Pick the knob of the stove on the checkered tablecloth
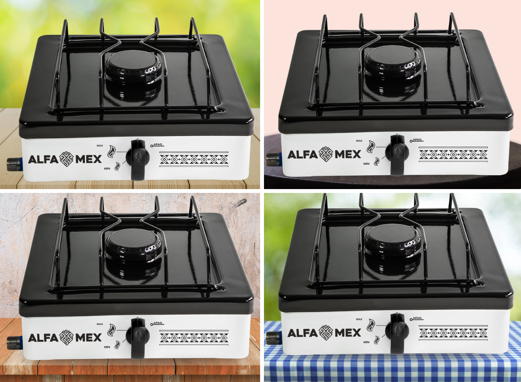[x=397, y=333]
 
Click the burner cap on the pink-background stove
[x=393, y=61]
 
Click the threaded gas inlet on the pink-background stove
[x=274, y=159]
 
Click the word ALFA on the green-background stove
[x=43, y=159]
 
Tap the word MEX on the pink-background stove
[x=348, y=154]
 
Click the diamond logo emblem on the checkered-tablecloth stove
[x=326, y=333]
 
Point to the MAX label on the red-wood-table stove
[x=100, y=324]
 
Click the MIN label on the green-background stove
[x=107, y=169]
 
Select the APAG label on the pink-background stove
[x=417, y=140]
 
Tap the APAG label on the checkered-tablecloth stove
[x=417, y=318]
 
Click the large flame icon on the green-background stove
[x=112, y=152]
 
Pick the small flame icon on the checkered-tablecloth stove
[x=377, y=340]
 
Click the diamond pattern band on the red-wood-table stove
[x=194, y=338]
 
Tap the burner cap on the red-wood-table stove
[x=133, y=244]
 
